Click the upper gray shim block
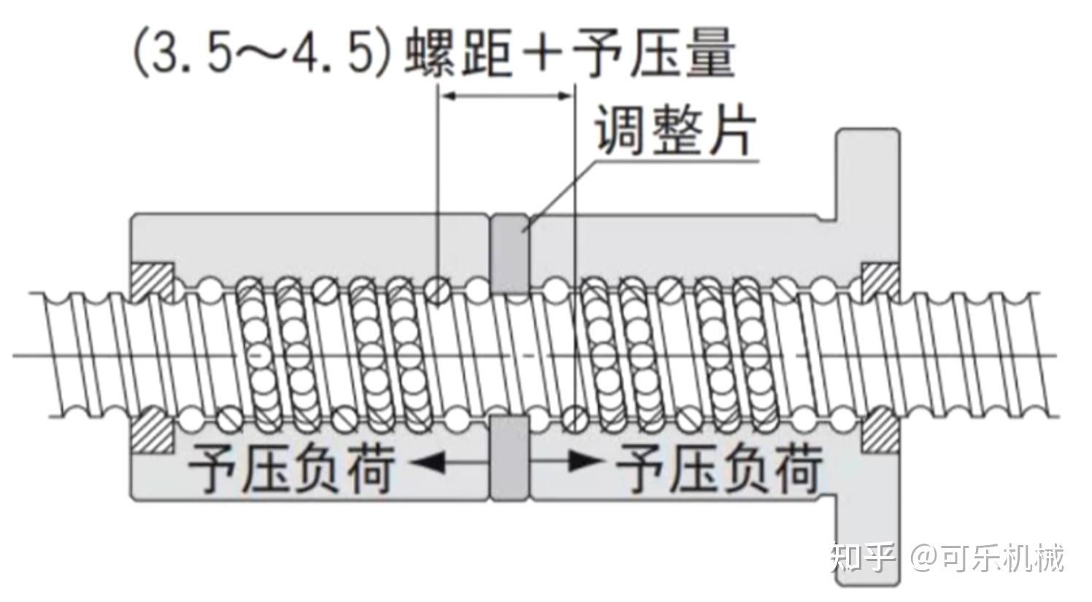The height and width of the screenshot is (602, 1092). (x=509, y=253)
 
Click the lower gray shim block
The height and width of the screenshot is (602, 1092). (x=509, y=459)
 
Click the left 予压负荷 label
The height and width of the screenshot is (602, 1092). (x=292, y=467)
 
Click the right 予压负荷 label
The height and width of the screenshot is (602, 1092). (x=720, y=467)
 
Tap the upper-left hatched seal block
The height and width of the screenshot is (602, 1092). (x=152, y=281)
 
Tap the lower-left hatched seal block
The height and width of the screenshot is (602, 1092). (x=152, y=430)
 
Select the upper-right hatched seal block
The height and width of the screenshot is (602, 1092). (x=880, y=281)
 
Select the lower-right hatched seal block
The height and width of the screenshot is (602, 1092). (x=880, y=430)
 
